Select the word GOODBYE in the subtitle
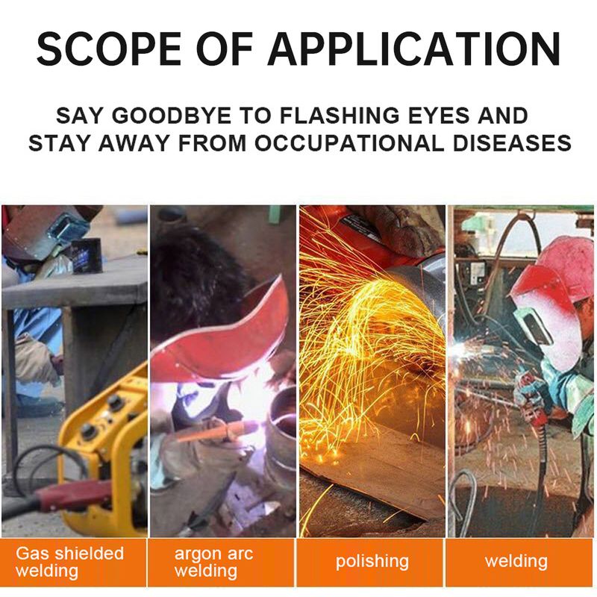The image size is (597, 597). (x=172, y=116)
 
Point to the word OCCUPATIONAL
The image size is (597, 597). (x=349, y=143)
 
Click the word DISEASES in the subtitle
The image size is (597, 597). (x=512, y=143)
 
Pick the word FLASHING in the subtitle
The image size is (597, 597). (x=340, y=116)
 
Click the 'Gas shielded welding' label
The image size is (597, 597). (x=70, y=562)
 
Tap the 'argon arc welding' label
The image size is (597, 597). (x=213, y=563)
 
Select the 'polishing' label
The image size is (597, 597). (x=372, y=562)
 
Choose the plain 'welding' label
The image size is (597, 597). (x=516, y=561)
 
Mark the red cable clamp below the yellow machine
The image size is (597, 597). (x=72, y=495)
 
